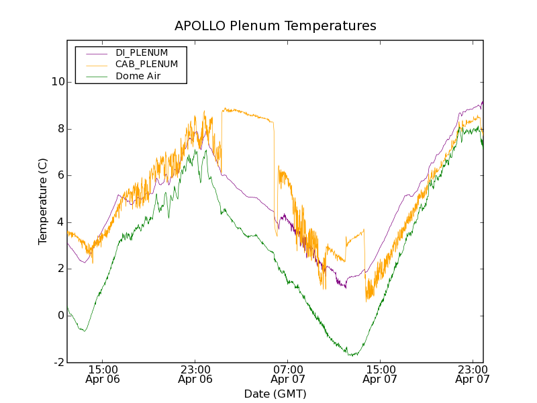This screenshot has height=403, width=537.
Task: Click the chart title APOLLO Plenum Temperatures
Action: tap(275, 26)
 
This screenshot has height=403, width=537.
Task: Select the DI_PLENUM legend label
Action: tap(142, 52)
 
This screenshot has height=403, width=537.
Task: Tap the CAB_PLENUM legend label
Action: tap(146, 64)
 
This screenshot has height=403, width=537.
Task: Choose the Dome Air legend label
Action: tap(138, 77)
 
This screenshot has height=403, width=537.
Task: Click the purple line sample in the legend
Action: tap(93, 52)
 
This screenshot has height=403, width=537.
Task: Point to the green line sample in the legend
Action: tap(93, 77)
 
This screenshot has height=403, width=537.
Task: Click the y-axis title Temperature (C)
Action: tap(43, 201)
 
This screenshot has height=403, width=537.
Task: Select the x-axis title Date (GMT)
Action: tap(275, 394)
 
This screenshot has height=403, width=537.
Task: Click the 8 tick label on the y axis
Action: tap(60, 129)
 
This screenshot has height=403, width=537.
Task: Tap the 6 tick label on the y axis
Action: tap(60, 175)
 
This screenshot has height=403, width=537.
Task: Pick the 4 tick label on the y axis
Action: tap(60, 222)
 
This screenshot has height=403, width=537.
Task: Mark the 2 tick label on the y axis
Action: tap(60, 269)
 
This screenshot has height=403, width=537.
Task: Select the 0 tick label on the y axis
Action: tap(60, 316)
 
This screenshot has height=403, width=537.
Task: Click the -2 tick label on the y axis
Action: tap(58, 363)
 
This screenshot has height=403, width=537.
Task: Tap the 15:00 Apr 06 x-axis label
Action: tap(102, 374)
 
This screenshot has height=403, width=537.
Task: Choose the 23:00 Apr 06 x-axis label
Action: tap(195, 374)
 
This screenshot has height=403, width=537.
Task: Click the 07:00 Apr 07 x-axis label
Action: tap(287, 374)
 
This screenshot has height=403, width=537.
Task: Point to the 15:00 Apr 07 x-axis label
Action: tap(380, 374)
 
